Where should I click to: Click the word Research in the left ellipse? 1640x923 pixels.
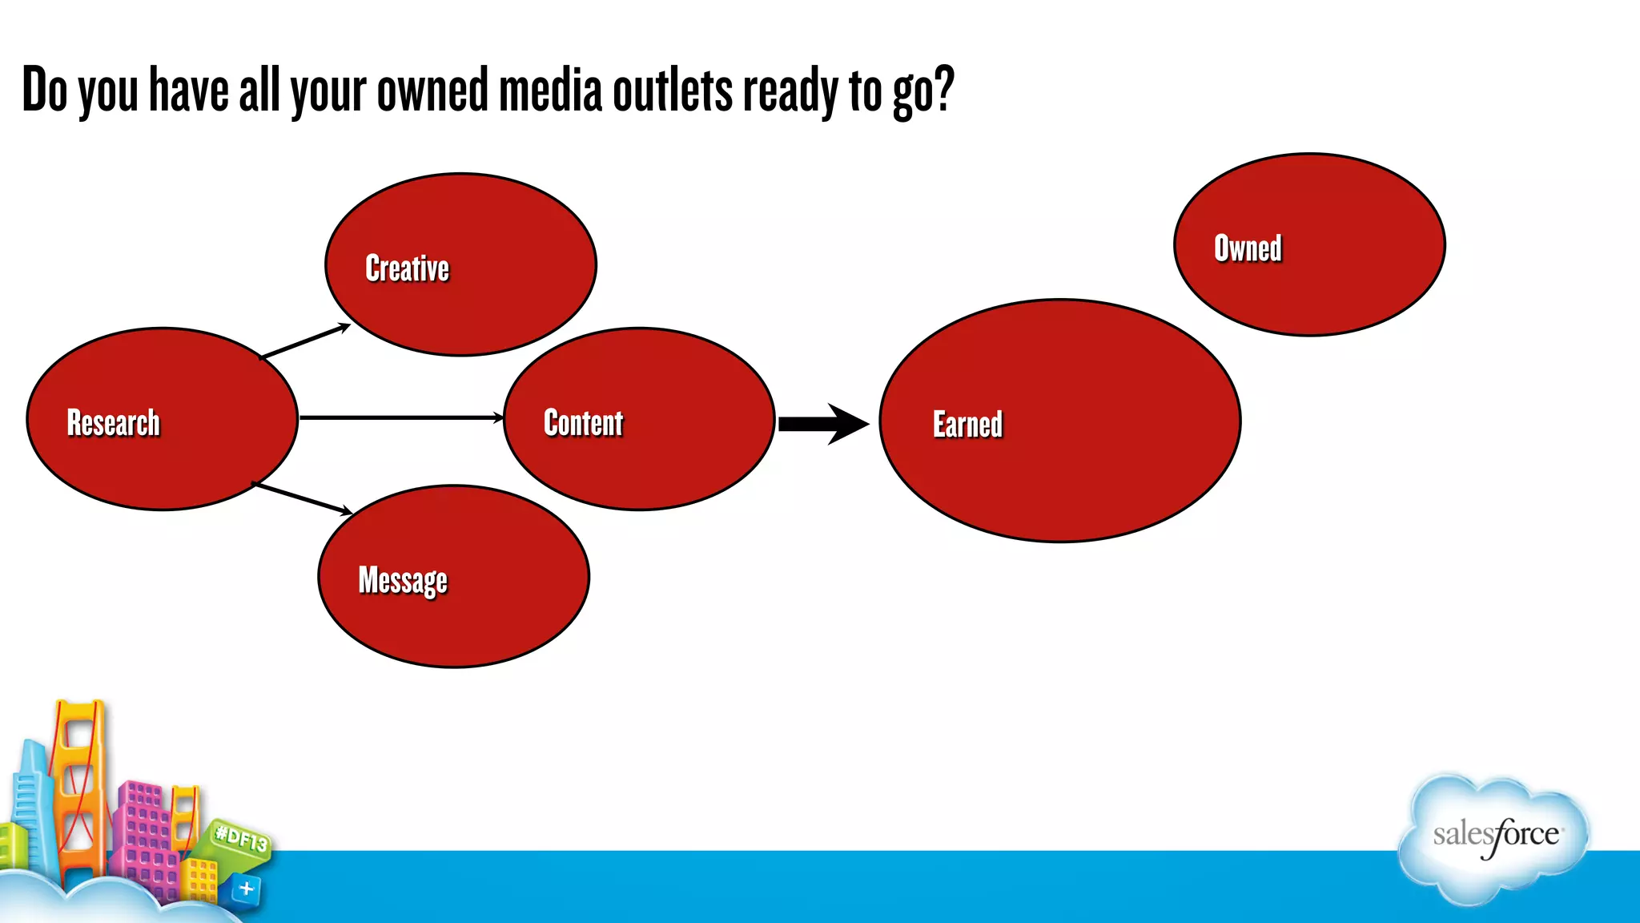[x=113, y=422]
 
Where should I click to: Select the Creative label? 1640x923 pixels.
[x=407, y=268]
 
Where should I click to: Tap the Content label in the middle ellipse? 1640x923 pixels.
[x=583, y=422]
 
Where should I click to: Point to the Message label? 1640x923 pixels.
[x=403, y=580]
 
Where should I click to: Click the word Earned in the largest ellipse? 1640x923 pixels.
[x=967, y=424]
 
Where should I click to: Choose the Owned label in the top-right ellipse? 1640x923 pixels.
[x=1248, y=248]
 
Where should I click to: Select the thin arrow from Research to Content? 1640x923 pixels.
[x=400, y=417]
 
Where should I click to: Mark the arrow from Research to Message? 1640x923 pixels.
[x=302, y=498]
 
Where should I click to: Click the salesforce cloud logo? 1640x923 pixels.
[x=1494, y=837]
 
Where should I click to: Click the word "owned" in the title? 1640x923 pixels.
[x=432, y=90]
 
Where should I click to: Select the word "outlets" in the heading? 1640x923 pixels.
[x=672, y=90]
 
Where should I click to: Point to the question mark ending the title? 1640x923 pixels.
[x=943, y=88]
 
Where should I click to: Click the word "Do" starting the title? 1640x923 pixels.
[x=45, y=90]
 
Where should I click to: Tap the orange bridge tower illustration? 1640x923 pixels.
[x=79, y=785]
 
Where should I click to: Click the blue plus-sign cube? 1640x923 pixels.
[x=246, y=889]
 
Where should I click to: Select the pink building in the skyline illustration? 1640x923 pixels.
[x=144, y=833]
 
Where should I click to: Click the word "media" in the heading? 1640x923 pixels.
[x=550, y=90]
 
